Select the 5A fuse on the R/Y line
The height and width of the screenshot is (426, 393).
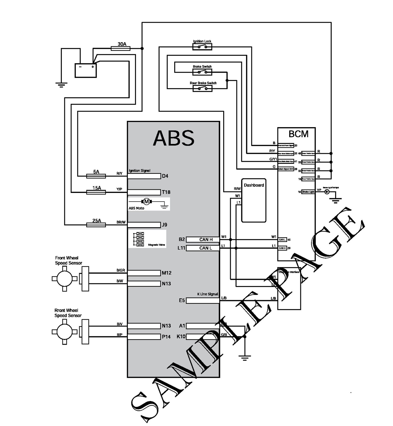coord(96,176)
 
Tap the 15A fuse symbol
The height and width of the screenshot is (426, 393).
coord(96,192)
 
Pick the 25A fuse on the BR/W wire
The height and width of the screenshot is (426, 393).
coord(96,225)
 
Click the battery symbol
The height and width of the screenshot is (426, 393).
coord(85,70)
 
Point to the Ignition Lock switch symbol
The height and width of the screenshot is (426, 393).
coord(202,47)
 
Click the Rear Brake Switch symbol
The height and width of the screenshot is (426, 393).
coord(202,89)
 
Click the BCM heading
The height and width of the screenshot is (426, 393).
coord(298,134)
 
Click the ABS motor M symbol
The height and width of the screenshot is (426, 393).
coord(146,201)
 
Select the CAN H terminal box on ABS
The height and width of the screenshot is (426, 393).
coord(203,239)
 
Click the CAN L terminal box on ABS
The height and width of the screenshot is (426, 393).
coord(203,248)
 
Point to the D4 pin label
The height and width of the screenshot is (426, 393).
coord(165,176)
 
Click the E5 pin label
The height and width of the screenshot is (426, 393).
coord(182,300)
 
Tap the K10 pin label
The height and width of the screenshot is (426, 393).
coord(181,336)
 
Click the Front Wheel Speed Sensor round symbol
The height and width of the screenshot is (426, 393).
coord(64,279)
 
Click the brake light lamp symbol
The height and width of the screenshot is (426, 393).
coord(327,192)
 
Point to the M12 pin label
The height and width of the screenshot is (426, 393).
coord(166,273)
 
